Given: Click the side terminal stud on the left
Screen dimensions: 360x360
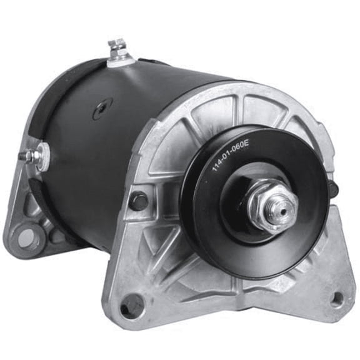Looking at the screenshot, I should pos(29,154).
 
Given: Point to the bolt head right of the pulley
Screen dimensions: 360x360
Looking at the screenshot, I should pos(332,188).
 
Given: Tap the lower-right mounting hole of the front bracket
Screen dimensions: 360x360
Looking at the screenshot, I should pos(336,299).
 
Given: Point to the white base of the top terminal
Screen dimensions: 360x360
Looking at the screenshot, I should pos(119,59).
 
